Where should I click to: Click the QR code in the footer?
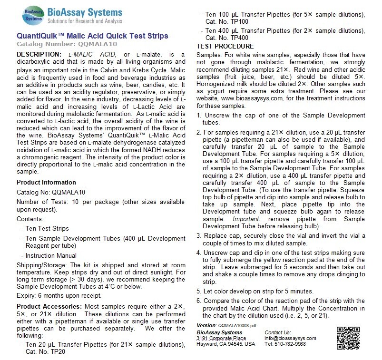pyautogui.click(x=348, y=338)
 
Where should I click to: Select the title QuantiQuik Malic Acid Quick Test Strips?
pyautogui.click(x=92, y=36)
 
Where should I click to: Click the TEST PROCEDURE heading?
pyautogui.click(x=225, y=46)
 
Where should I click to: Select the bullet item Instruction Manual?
pyautogui.click(x=52, y=255)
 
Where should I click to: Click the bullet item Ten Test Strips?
pyautogui.click(x=48, y=228)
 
